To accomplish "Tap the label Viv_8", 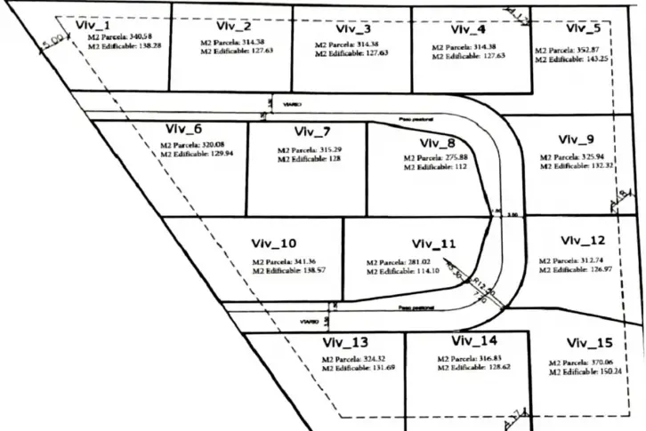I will click(437, 143).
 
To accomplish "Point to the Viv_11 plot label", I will click(433, 243).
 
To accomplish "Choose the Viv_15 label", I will click(588, 342).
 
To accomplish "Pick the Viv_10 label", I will click(273, 244).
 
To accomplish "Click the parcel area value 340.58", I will click(135, 37).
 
